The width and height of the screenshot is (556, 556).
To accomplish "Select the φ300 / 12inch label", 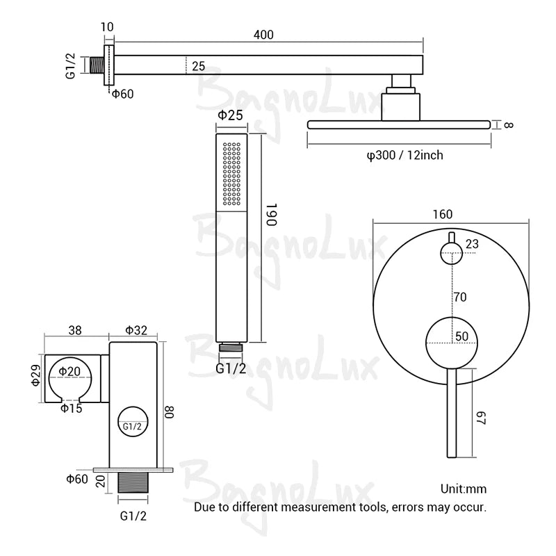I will coord(404,154).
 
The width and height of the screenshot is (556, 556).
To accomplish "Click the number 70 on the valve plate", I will coord(459,297).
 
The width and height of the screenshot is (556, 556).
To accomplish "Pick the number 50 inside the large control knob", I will coord(461,336).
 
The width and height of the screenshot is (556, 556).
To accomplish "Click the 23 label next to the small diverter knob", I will coord(472,243).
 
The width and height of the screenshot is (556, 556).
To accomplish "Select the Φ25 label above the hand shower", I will coord(230,115).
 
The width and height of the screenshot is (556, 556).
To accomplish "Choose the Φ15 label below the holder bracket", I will coord(71,408).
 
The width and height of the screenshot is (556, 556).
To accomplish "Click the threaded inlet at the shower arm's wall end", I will coord(97,65).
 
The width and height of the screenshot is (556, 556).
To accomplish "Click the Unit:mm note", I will coord(464,489).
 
